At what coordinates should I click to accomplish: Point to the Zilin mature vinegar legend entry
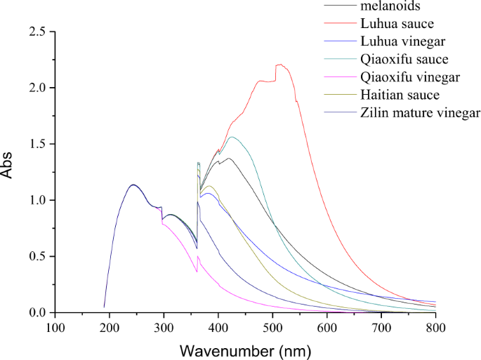pyautogui.click(x=419, y=112)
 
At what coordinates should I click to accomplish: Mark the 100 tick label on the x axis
pyautogui.click(x=55, y=327)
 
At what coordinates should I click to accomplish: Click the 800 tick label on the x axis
pyautogui.click(x=435, y=327)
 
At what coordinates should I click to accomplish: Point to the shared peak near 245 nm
pyautogui.click(x=133, y=185)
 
